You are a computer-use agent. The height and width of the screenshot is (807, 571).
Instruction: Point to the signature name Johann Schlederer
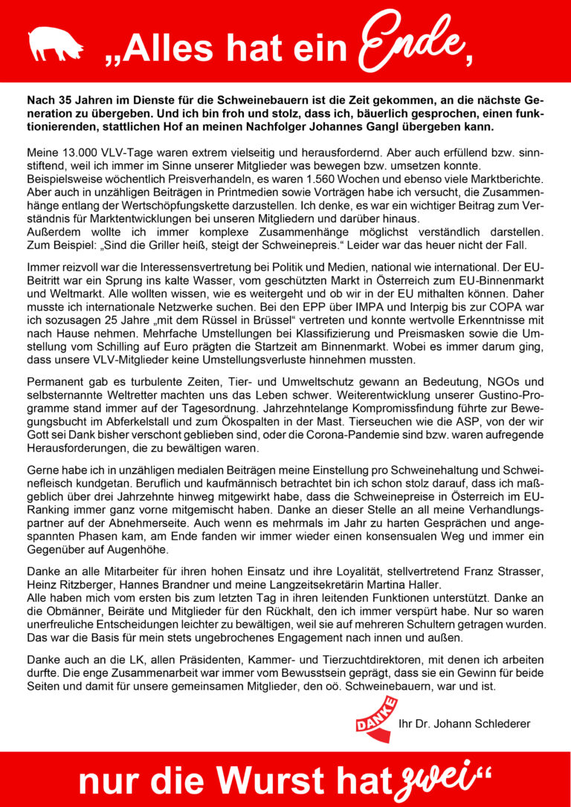(x=483, y=723)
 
